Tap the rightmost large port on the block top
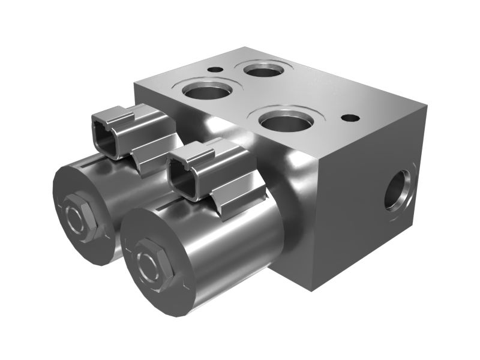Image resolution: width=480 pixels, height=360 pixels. pos(287,122)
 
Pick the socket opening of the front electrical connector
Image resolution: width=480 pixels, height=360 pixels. pos(187,173)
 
